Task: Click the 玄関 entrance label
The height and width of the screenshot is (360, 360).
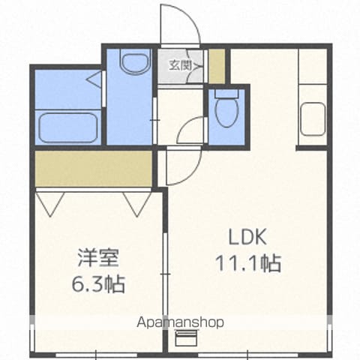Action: (x=180, y=65)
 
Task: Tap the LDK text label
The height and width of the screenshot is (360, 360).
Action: (x=247, y=237)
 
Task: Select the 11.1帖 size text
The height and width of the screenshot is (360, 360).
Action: (x=248, y=263)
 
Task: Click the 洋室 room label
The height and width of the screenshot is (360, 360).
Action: (x=98, y=258)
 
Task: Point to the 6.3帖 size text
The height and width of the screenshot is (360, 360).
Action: (x=98, y=284)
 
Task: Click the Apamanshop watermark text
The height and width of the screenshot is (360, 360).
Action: (x=180, y=322)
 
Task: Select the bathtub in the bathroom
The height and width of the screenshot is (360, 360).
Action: (x=68, y=128)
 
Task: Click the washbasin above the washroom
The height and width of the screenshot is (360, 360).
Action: (x=135, y=62)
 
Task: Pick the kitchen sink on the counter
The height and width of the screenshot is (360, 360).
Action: (x=313, y=119)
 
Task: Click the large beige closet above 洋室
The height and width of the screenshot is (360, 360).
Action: (x=93, y=169)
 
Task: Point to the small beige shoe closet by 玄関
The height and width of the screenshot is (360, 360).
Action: (x=217, y=66)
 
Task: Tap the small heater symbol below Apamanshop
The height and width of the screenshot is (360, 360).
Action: (x=187, y=337)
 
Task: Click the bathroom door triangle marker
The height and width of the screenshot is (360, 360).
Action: (x=95, y=79)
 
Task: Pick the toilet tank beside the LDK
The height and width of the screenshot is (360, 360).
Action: (x=226, y=93)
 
